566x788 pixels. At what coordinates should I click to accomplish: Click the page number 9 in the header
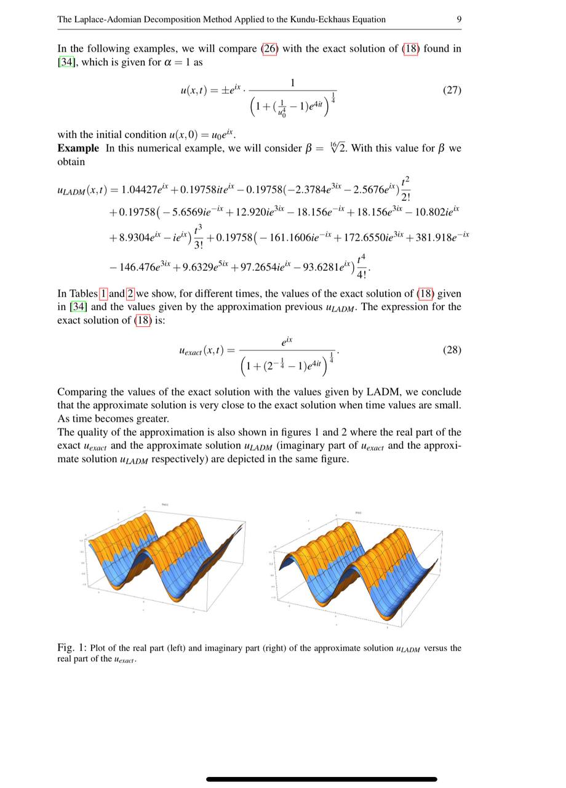[459, 19]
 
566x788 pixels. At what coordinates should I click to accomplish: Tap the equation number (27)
[452, 90]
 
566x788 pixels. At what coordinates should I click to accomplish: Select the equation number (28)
[452, 350]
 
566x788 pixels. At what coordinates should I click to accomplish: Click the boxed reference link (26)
[270, 49]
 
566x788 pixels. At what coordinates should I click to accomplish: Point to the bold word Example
[78, 148]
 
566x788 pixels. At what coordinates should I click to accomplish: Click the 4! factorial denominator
[362, 275]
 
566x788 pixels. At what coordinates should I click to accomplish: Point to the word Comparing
[81, 392]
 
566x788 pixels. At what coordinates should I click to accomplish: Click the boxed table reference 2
[130, 294]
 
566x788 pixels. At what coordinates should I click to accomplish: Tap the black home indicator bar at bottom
[322, 779]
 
